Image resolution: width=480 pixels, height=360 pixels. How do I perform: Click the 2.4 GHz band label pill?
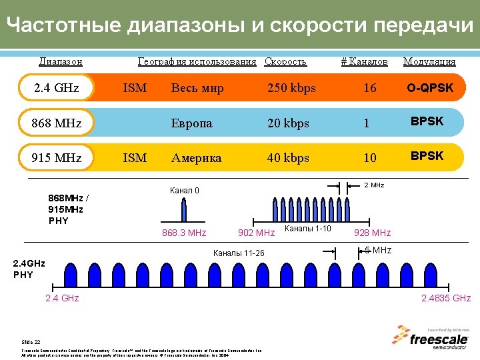[57, 88]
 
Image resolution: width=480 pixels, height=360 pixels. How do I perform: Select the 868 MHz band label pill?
[57, 123]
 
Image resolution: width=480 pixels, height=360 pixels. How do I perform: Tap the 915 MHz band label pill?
[57, 158]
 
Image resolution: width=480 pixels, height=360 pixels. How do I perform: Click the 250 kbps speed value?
[291, 88]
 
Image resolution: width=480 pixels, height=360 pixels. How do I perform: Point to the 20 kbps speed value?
[288, 123]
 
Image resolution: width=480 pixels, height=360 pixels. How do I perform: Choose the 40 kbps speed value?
[288, 158]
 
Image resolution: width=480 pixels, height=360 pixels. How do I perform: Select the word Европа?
[191, 123]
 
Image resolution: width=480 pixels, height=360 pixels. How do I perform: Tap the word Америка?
[196, 158]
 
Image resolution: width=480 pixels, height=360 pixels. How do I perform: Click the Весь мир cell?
[197, 88]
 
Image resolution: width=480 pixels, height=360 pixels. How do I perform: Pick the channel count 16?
[369, 88]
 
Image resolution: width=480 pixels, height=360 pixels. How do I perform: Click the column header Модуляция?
[429, 61]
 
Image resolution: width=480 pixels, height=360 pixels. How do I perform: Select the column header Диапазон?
[61, 61]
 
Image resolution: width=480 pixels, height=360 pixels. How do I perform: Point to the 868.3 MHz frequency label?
[184, 233]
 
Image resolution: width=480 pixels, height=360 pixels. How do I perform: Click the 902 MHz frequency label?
[256, 233]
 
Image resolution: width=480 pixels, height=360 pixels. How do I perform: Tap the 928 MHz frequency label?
[372, 233]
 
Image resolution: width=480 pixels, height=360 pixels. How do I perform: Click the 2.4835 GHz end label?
[446, 298]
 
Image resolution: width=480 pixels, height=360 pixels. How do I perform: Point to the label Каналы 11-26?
[238, 253]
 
